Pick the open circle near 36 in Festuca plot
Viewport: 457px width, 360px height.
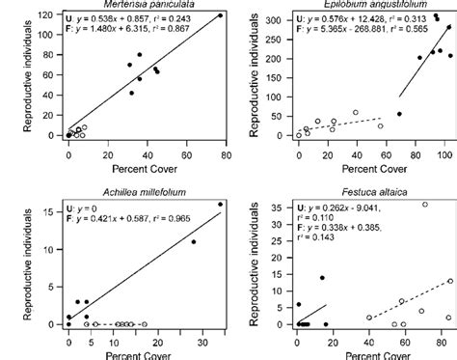425,205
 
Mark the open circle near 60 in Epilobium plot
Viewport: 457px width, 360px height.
355,113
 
